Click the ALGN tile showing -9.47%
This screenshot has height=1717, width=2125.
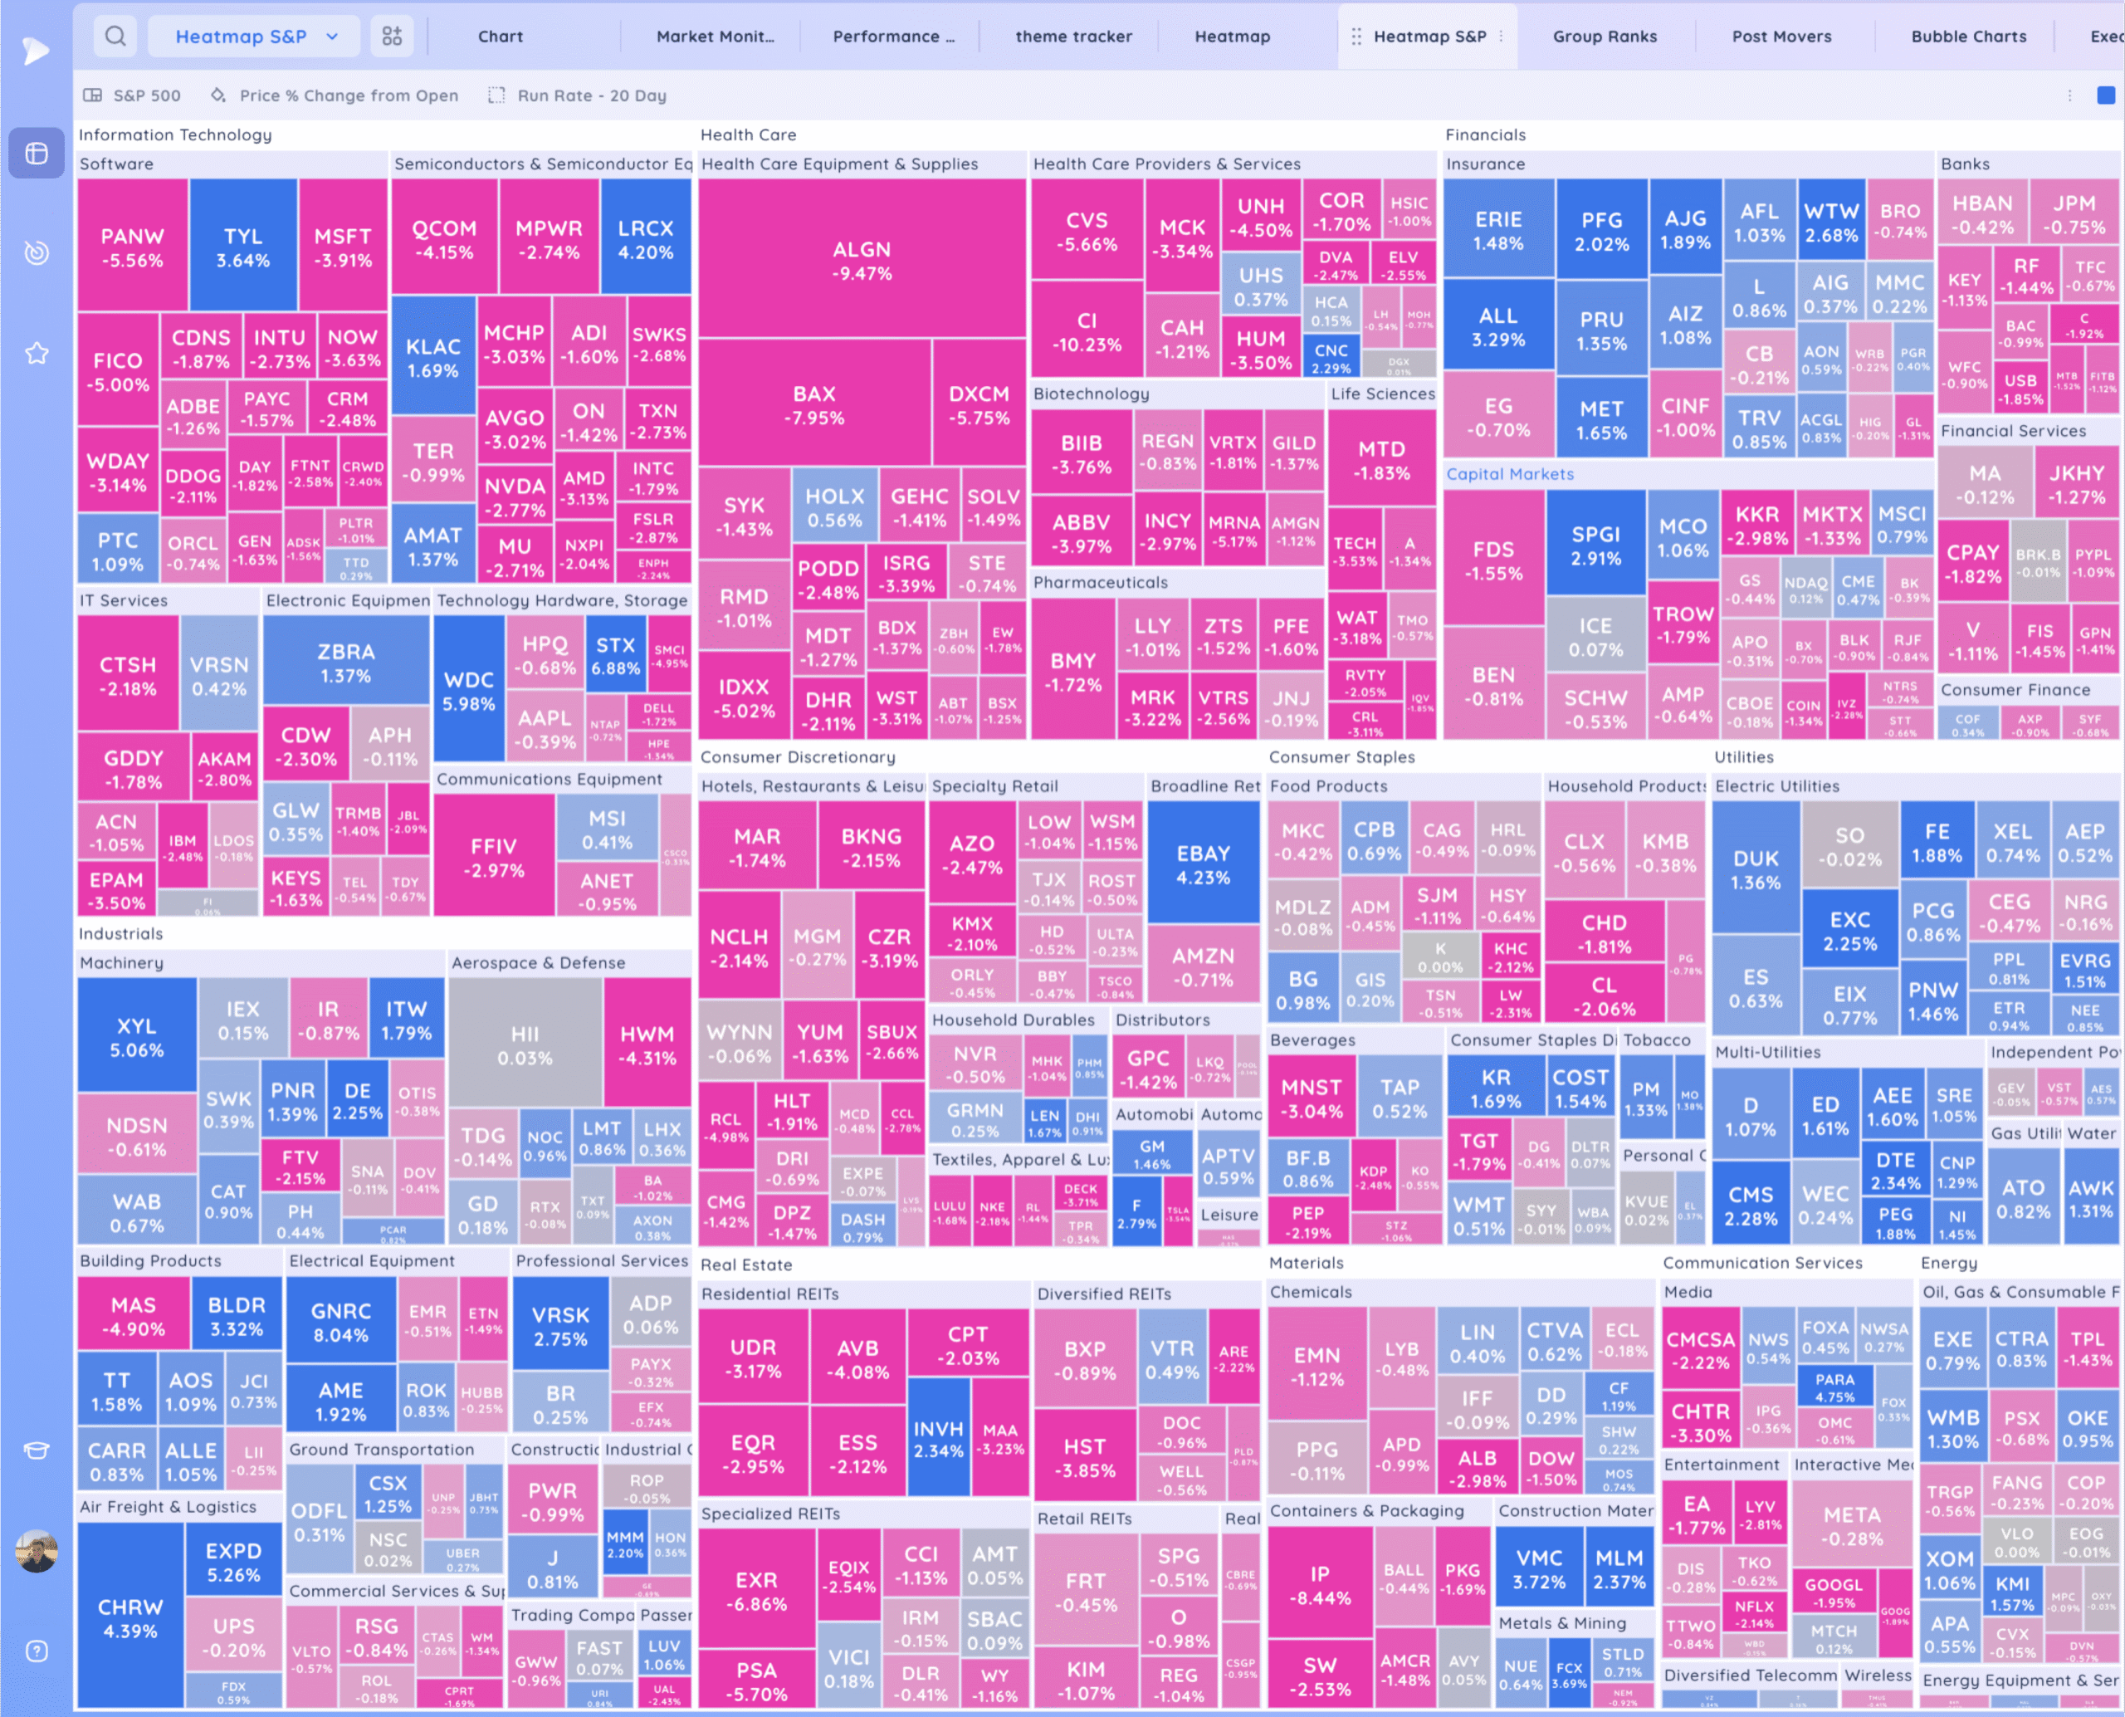(862, 260)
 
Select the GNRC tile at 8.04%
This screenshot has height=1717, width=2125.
(340, 1322)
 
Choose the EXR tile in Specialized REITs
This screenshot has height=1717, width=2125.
(756, 1591)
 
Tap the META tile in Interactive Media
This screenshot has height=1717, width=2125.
(1851, 1525)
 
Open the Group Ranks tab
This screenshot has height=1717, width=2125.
(1604, 37)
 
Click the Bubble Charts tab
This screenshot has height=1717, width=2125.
(1968, 37)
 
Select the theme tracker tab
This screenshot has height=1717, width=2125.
(1073, 37)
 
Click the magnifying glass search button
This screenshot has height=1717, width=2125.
(115, 37)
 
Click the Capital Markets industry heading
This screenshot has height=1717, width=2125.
(1509, 474)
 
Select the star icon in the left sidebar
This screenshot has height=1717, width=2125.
(37, 353)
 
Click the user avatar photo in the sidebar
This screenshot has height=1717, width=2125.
(37, 1551)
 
